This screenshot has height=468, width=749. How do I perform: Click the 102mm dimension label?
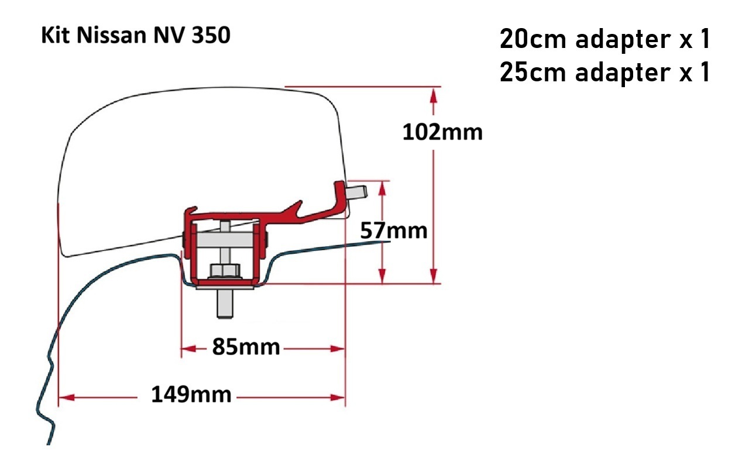442,132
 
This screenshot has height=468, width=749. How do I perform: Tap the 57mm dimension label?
394,230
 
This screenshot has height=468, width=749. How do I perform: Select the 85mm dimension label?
246,347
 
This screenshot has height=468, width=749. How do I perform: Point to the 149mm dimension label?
191,394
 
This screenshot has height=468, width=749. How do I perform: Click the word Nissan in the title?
111,36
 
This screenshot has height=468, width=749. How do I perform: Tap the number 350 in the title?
211,35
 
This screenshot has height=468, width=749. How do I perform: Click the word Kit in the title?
56,35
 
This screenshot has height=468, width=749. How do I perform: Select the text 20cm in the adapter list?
533,39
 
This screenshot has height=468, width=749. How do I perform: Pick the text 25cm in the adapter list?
533,72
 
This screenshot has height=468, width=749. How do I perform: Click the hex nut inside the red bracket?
225,271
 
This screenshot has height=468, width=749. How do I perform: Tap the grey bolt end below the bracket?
225,304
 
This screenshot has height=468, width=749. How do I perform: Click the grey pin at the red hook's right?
357,192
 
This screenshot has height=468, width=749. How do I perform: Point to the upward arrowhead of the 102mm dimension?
434,97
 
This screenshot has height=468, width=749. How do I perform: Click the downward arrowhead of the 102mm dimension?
434,275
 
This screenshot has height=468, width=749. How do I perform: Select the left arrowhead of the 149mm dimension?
66,397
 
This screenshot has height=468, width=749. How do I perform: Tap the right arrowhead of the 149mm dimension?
337,397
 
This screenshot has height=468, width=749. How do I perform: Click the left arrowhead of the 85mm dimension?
188,349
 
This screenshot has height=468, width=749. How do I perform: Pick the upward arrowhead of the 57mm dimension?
383,189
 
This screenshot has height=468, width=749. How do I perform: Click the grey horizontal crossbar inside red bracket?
225,240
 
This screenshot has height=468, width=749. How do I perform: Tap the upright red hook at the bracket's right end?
341,197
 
